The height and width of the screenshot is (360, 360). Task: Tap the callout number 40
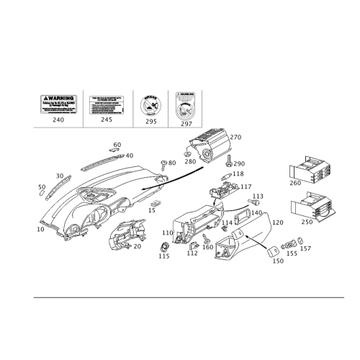pos(130,154)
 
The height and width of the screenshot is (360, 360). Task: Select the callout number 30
pos(60,175)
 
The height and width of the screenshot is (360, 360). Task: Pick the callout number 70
pos(138,245)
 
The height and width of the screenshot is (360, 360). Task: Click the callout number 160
pos(208,247)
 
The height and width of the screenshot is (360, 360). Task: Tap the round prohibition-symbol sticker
pos(150,105)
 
